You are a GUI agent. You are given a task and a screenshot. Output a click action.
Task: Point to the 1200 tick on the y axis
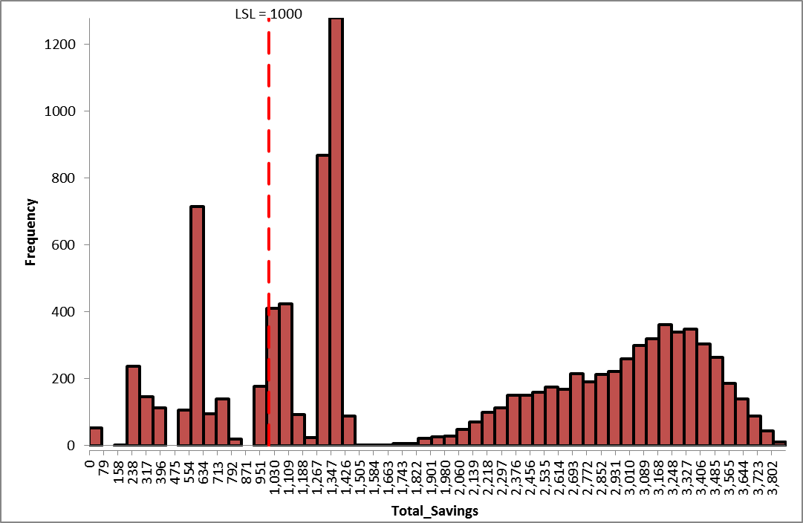56,44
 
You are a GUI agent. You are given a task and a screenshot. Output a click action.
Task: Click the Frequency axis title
31,232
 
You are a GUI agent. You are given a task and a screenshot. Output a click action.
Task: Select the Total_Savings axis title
435,511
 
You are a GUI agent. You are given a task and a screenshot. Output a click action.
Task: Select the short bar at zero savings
96,437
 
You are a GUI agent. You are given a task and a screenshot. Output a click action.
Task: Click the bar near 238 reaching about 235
134,406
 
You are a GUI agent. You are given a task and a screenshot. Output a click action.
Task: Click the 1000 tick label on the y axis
56,111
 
